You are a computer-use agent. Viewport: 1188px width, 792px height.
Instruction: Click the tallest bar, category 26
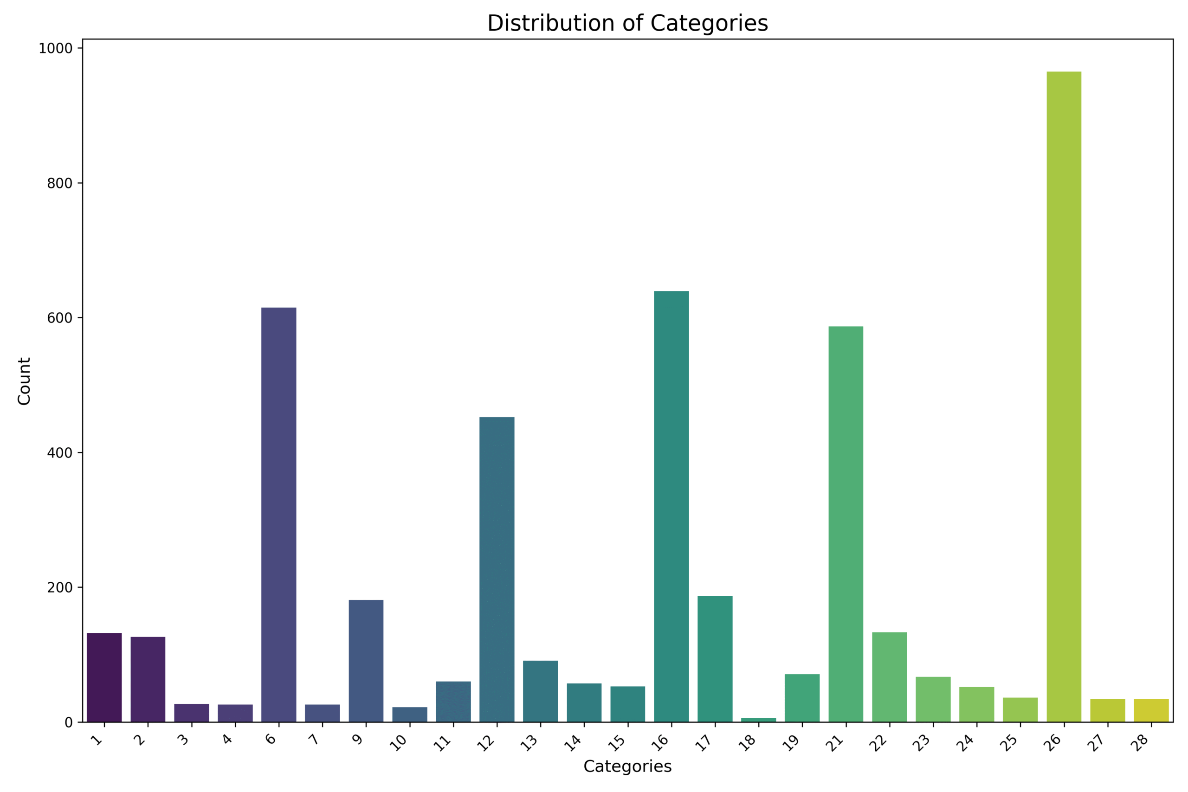pyautogui.click(x=1064, y=397)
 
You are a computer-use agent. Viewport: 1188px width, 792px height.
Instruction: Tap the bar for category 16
pyautogui.click(x=671, y=506)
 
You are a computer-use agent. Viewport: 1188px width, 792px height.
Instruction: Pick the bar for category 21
pyautogui.click(x=846, y=524)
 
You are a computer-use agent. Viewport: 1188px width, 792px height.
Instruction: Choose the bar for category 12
pyautogui.click(x=497, y=569)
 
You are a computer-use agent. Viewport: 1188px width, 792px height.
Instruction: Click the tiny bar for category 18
pyautogui.click(x=759, y=720)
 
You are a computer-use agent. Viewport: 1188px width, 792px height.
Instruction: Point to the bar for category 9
pyautogui.click(x=366, y=661)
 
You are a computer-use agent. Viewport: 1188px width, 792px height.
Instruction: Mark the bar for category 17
pyautogui.click(x=715, y=659)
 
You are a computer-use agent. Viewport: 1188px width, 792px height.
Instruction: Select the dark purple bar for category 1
pyautogui.click(x=104, y=677)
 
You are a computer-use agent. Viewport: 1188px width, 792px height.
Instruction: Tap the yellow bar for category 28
pyautogui.click(x=1151, y=710)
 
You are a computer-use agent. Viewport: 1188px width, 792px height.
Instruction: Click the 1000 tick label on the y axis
pyautogui.click(x=56, y=49)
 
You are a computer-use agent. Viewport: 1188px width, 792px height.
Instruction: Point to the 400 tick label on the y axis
pyautogui.click(x=59, y=453)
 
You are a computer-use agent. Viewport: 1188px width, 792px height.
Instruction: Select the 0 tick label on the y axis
pyautogui.click(x=69, y=723)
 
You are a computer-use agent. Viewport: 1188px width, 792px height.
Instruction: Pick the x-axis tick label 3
pyautogui.click(x=184, y=740)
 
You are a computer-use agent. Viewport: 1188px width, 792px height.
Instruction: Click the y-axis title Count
pyautogui.click(x=24, y=381)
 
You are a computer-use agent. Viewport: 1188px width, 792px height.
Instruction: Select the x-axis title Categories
pyautogui.click(x=627, y=767)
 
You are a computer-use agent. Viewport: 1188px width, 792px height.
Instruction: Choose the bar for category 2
pyautogui.click(x=148, y=679)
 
